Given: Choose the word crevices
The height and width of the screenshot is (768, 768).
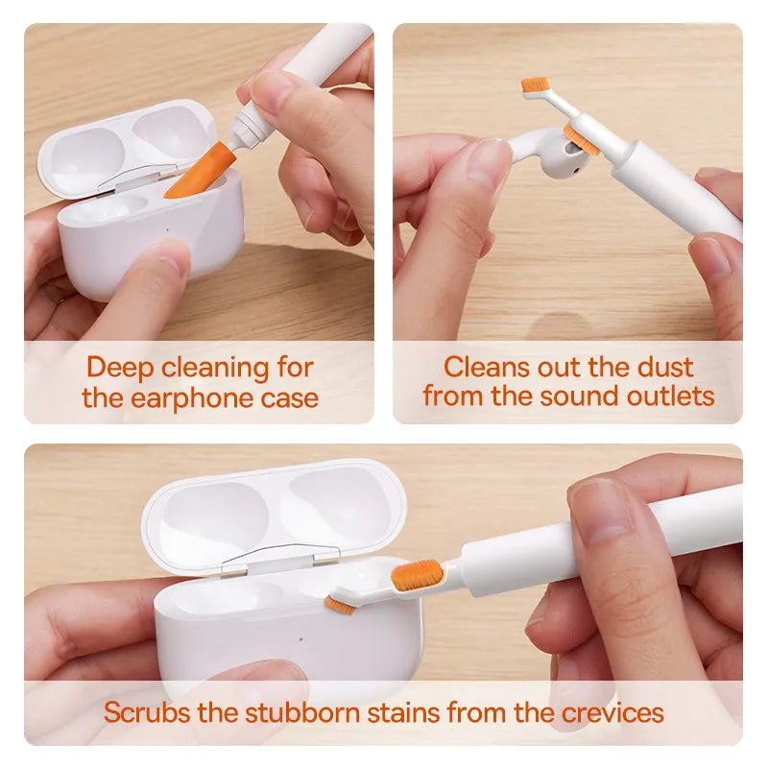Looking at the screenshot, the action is [612, 712].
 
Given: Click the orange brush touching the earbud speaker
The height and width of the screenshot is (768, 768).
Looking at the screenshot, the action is [582, 139].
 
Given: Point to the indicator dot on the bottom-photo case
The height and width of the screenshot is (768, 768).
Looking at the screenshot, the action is [300, 639].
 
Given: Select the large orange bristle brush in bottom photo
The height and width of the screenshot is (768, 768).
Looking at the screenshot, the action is [418, 575].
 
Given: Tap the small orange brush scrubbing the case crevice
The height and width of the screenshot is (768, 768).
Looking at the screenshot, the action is [340, 606].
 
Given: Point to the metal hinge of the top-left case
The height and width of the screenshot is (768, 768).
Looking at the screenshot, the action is [139, 179].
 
